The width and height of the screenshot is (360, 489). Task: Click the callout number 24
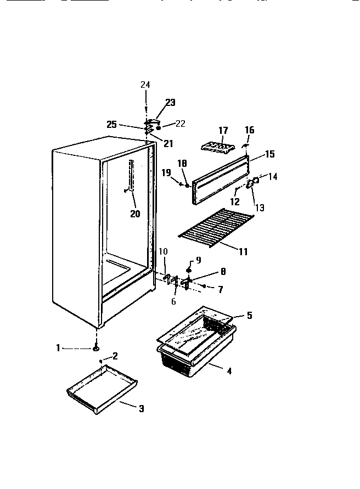point(145,85)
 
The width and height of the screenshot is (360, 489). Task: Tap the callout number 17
point(223,131)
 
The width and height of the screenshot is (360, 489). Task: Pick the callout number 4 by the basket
point(229,371)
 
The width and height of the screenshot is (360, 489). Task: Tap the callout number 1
point(58,347)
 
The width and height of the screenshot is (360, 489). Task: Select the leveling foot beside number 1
point(97,347)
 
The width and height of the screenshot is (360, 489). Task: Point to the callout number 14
point(272,177)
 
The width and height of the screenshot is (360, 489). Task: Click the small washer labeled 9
point(189,271)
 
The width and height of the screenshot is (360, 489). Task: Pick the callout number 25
point(111,125)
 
